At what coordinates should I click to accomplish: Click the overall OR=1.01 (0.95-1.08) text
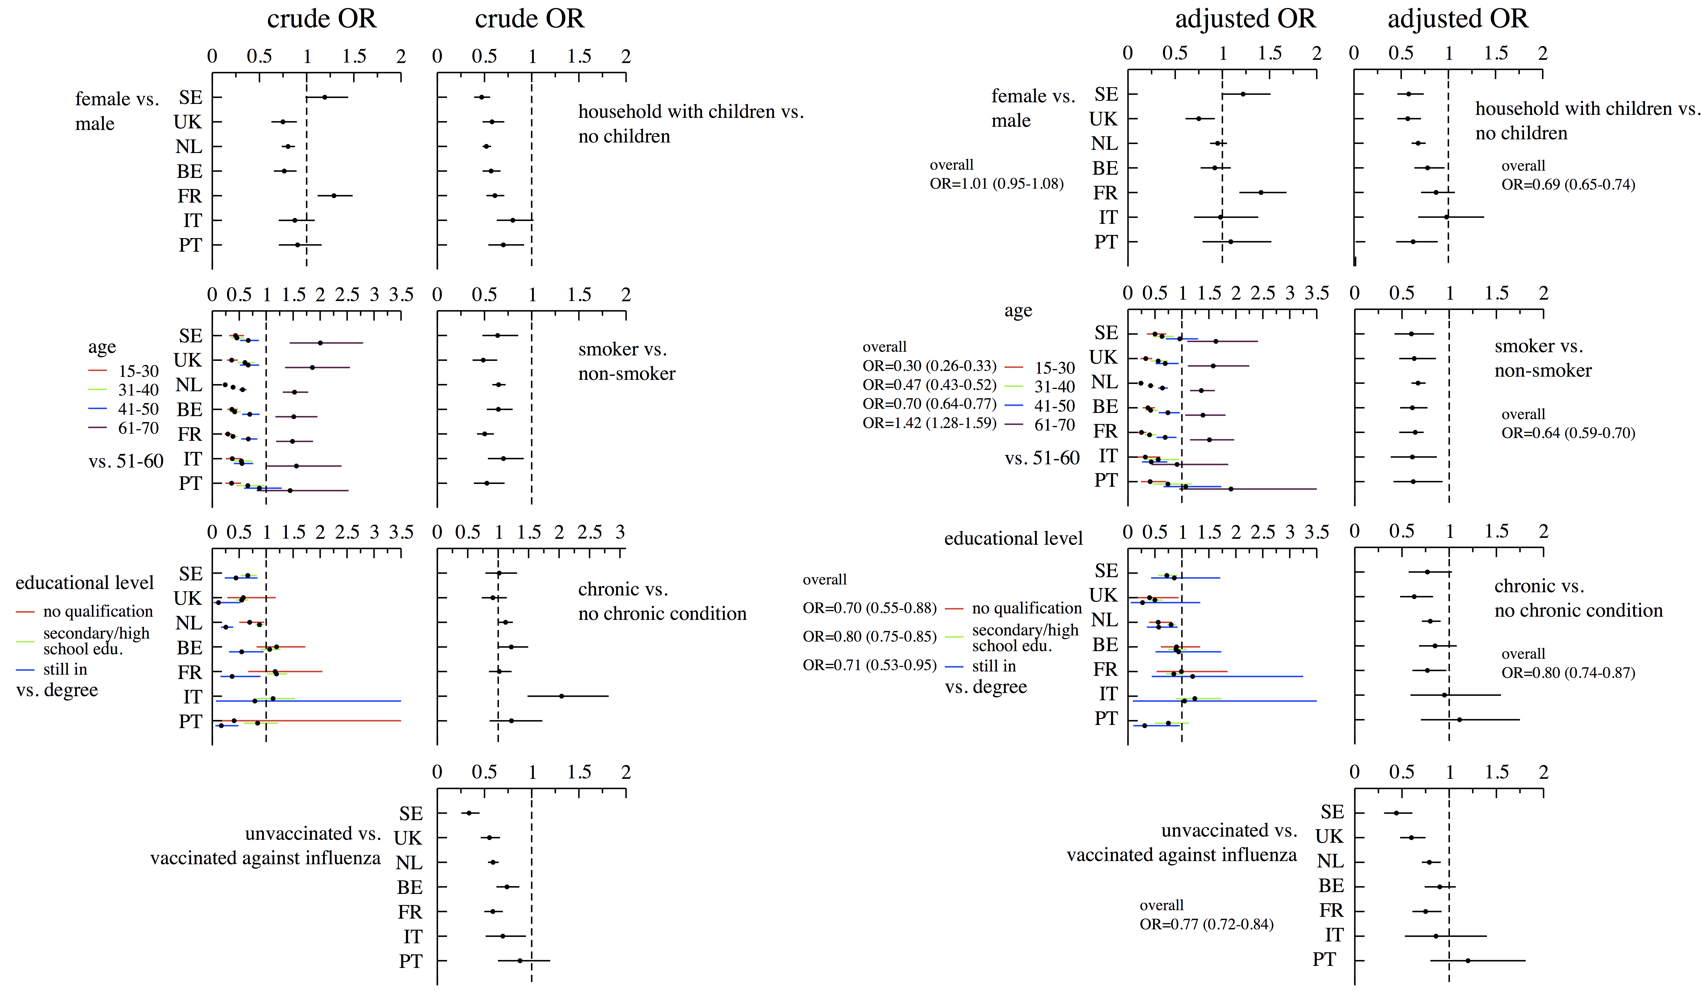(x=996, y=184)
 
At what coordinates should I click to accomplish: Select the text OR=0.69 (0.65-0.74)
(x=1568, y=184)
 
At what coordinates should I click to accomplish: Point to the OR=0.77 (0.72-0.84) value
(x=1206, y=924)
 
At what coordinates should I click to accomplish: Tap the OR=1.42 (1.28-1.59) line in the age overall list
(x=929, y=423)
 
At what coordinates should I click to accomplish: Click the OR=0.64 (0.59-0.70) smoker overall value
(x=1568, y=433)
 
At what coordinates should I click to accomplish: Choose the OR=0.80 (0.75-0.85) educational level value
(x=869, y=637)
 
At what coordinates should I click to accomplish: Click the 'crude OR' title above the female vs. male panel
(x=321, y=19)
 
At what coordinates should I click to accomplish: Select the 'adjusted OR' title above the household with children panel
(x=1457, y=19)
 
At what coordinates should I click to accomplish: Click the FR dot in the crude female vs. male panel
(x=334, y=196)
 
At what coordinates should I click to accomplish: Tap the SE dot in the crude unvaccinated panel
(x=469, y=813)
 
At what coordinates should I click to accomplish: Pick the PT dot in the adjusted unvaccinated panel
(x=1468, y=960)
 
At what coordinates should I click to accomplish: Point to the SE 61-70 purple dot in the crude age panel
(x=320, y=343)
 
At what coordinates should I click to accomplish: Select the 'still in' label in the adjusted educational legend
(x=994, y=666)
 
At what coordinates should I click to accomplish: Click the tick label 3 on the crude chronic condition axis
(x=620, y=533)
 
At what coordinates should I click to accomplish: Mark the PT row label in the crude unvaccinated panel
(x=410, y=961)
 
